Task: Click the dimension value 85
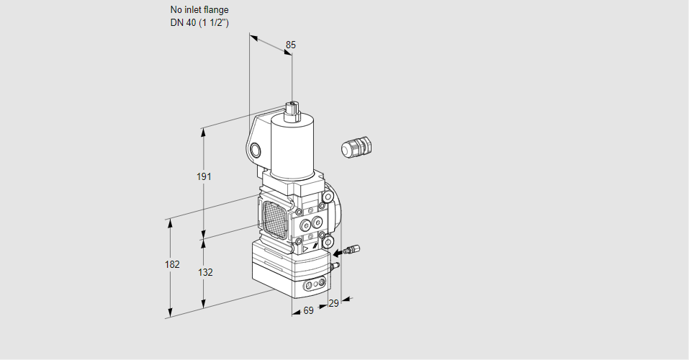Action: (290, 45)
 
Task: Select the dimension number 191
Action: (204, 177)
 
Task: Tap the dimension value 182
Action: (171, 264)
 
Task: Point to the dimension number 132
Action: (205, 272)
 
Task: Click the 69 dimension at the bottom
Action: (307, 310)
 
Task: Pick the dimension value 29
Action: (333, 304)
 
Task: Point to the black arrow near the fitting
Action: (338, 253)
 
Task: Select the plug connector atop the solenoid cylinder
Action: (292, 109)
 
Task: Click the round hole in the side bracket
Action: (256, 150)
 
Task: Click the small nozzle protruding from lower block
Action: (333, 266)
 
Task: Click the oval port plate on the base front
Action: (312, 286)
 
